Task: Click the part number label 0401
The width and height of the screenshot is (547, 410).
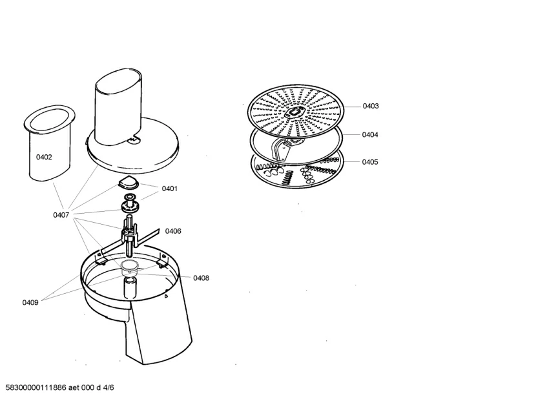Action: [x=170, y=189]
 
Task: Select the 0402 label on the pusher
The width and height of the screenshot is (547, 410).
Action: [x=44, y=158]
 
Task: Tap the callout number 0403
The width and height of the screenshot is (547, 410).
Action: [x=371, y=106]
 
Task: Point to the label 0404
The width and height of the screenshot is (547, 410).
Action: [x=370, y=134]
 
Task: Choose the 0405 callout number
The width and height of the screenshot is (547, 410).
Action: [x=370, y=162]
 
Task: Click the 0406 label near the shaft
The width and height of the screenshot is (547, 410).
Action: [x=173, y=231]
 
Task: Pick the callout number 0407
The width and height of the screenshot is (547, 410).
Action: [x=61, y=215]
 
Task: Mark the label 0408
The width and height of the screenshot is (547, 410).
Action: [x=201, y=278]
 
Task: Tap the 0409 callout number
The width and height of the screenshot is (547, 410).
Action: [x=30, y=303]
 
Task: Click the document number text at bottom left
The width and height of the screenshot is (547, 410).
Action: [x=59, y=387]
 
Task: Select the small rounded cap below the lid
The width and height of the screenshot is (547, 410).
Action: [x=128, y=181]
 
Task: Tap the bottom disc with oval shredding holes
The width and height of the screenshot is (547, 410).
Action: [x=297, y=172]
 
